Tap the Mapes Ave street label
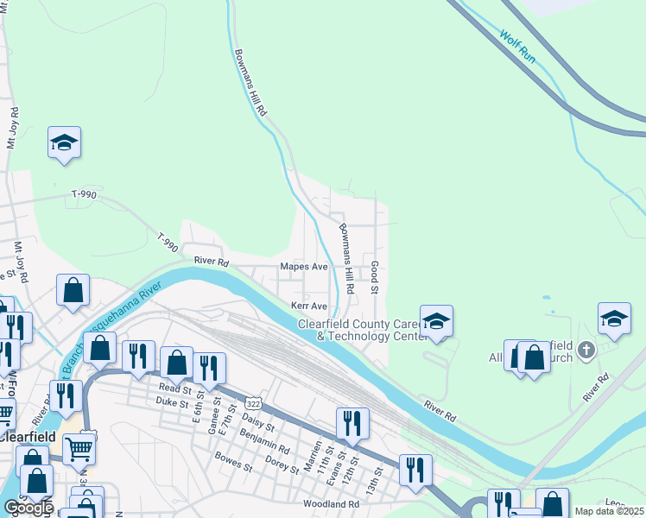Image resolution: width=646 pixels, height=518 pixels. pyautogui.click(x=301, y=267)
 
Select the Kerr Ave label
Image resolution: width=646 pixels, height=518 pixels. pyautogui.click(x=308, y=306)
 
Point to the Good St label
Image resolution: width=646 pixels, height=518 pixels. pyautogui.click(x=375, y=277)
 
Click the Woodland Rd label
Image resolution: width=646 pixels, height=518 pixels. pyautogui.click(x=331, y=503)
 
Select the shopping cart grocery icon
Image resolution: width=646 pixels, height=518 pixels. pyautogui.click(x=79, y=446)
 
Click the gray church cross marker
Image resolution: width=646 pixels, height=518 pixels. pyautogui.click(x=586, y=350)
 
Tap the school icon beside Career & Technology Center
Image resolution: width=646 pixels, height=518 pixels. pyautogui.click(x=437, y=322)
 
